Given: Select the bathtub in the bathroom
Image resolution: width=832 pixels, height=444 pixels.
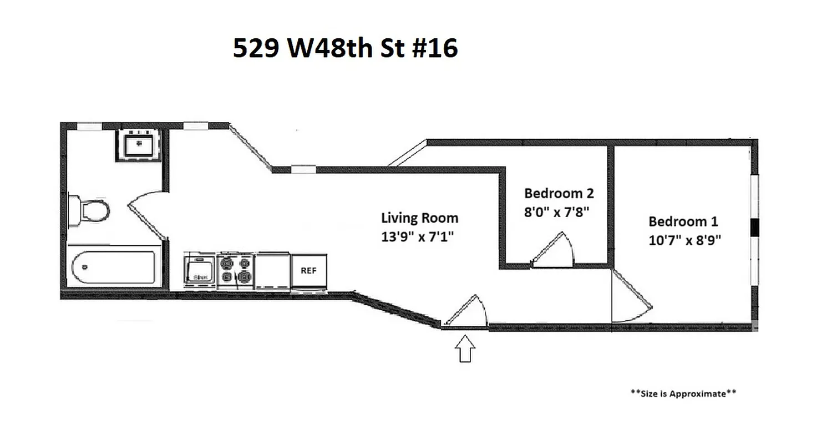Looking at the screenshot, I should pyautogui.click(x=114, y=268).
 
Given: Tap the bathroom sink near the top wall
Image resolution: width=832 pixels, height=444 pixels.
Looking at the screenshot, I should pyautogui.click(x=139, y=145).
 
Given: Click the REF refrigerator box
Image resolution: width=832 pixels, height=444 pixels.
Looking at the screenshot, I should pyautogui.click(x=309, y=271).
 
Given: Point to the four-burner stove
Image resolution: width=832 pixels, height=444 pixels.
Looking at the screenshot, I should pyautogui.click(x=236, y=270).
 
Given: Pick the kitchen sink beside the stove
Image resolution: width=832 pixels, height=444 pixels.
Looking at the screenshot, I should pyautogui.click(x=200, y=271).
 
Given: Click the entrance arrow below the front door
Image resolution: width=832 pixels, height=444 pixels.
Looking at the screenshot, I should pyautogui.click(x=465, y=350).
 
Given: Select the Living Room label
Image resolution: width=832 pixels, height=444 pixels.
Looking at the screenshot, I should pyautogui.click(x=419, y=218).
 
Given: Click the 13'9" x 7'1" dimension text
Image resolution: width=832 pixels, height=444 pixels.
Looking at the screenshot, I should pyautogui.click(x=417, y=237).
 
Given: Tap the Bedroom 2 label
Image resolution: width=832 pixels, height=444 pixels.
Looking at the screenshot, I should pyautogui.click(x=559, y=193).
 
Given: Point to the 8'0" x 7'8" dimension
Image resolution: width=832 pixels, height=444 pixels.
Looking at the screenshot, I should pyautogui.click(x=556, y=211).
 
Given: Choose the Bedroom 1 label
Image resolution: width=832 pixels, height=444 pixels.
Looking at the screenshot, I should pyautogui.click(x=683, y=221).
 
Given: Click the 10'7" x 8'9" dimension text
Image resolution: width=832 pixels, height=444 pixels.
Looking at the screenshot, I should pyautogui.click(x=684, y=240).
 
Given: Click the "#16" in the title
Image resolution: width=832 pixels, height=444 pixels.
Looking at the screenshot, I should pyautogui.click(x=435, y=48).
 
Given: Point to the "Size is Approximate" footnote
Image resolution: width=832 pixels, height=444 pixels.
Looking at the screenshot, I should pyautogui.click(x=683, y=393).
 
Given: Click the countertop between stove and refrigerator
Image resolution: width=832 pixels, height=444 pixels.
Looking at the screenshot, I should pyautogui.click(x=273, y=271).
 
